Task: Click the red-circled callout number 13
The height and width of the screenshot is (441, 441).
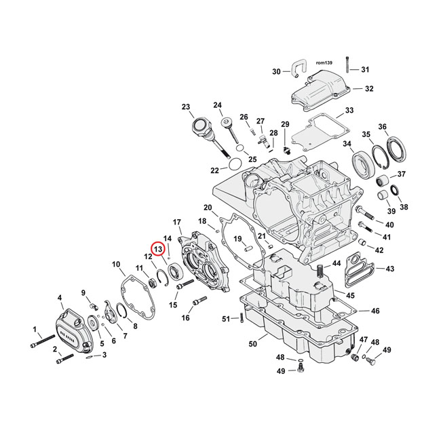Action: tap(157, 250)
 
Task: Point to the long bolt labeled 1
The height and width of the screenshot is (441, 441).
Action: tap(42, 341)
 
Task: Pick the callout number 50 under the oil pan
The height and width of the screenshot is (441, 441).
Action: tap(253, 345)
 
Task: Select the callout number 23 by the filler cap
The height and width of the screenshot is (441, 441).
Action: tap(186, 107)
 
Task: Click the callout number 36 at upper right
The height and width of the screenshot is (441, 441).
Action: tap(401, 127)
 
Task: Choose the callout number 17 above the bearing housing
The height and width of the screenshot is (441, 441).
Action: tap(177, 223)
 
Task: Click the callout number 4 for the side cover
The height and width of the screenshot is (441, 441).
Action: tap(60, 297)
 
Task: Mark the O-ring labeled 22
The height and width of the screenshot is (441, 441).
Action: tap(232, 163)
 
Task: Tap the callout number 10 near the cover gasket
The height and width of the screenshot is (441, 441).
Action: tap(116, 264)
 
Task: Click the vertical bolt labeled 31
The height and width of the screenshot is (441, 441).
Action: tap(347, 63)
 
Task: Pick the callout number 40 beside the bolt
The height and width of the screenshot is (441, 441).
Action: tap(389, 225)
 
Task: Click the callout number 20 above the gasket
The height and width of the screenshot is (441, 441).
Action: tap(208, 208)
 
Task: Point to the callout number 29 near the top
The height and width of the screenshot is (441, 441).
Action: tap(286, 124)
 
